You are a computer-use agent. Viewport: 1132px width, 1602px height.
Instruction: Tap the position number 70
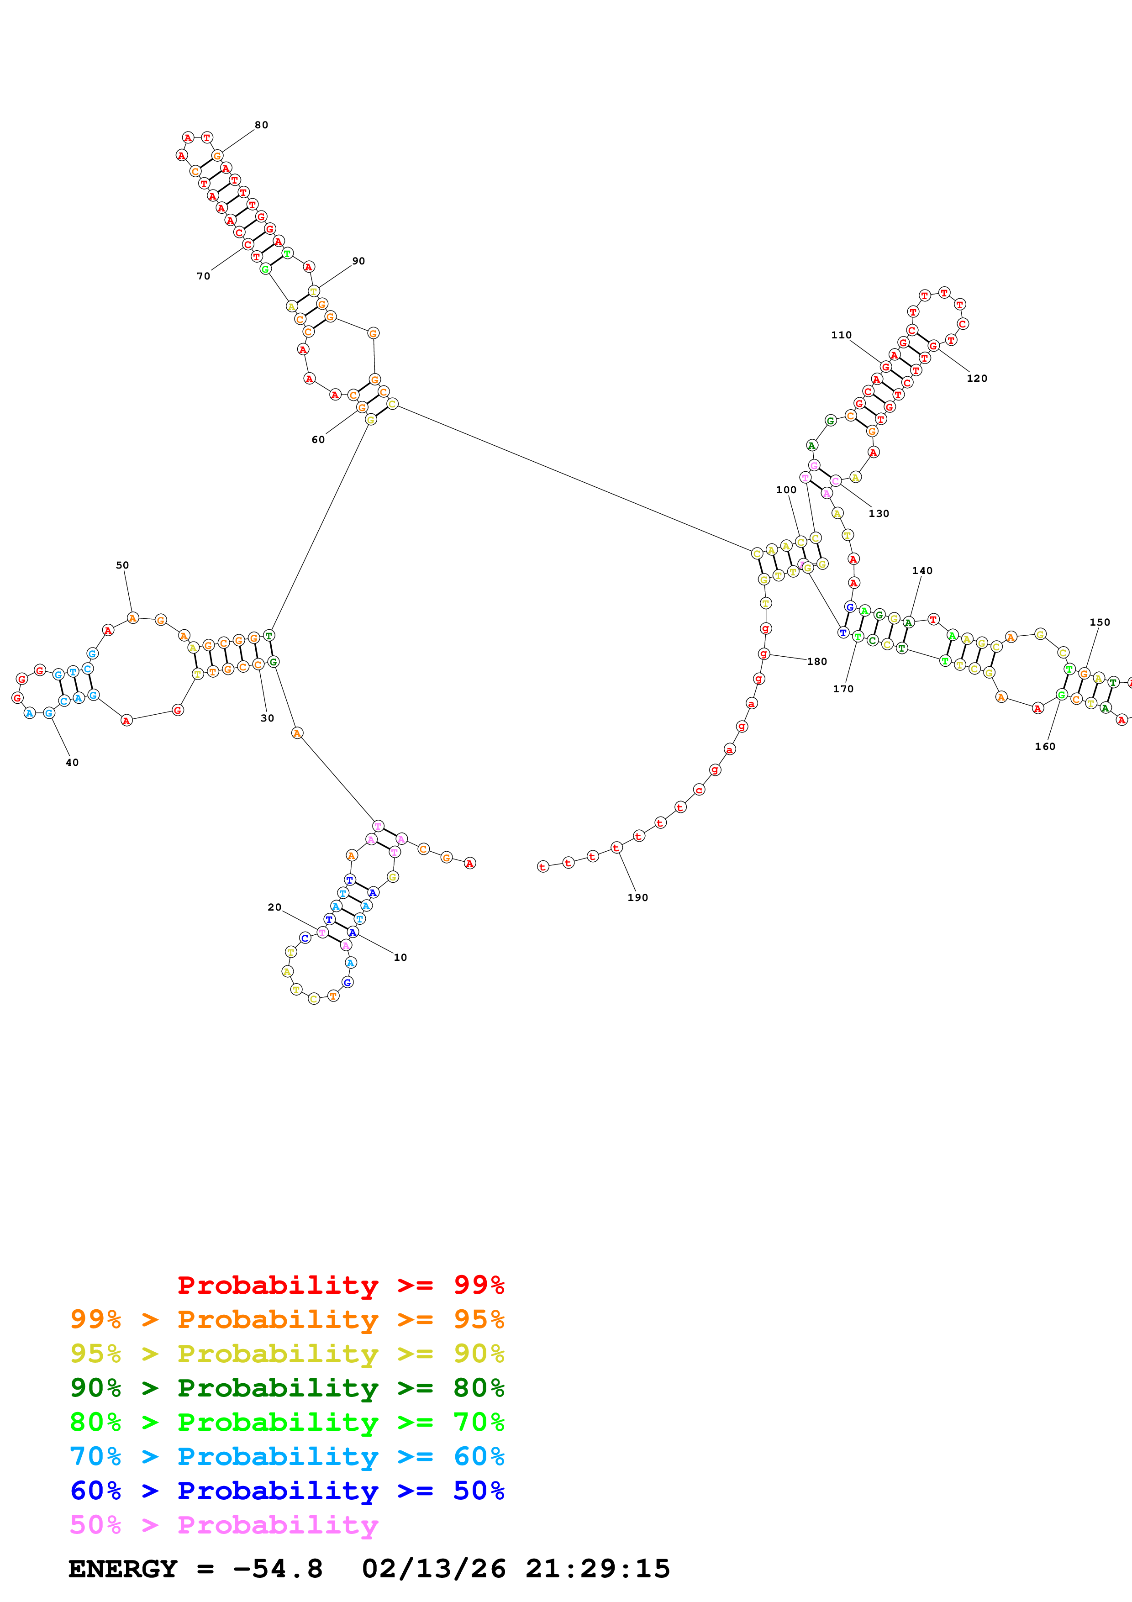click(203, 276)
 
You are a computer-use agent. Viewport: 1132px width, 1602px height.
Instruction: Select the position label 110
click(841, 335)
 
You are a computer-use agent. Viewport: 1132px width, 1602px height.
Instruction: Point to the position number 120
click(976, 378)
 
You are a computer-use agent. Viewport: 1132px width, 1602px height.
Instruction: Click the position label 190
click(637, 897)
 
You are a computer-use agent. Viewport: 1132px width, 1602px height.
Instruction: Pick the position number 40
click(72, 763)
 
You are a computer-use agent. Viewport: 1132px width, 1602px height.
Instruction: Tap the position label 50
click(122, 565)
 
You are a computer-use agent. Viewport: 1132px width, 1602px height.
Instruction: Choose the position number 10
click(400, 957)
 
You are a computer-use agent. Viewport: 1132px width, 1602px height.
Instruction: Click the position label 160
click(1044, 747)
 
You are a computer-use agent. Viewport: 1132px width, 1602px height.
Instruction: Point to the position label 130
click(878, 514)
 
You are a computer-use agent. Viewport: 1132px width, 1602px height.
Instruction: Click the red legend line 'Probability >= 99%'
click(340, 1285)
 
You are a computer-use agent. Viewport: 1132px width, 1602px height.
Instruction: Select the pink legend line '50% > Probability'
click(224, 1524)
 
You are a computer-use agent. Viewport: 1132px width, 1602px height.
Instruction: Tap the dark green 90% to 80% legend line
click(287, 1388)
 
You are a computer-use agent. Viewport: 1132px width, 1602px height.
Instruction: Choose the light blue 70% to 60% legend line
click(287, 1456)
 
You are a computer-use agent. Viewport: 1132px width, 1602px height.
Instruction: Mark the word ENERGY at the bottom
click(123, 1569)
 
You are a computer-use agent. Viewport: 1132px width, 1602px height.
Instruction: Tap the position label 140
click(921, 571)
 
